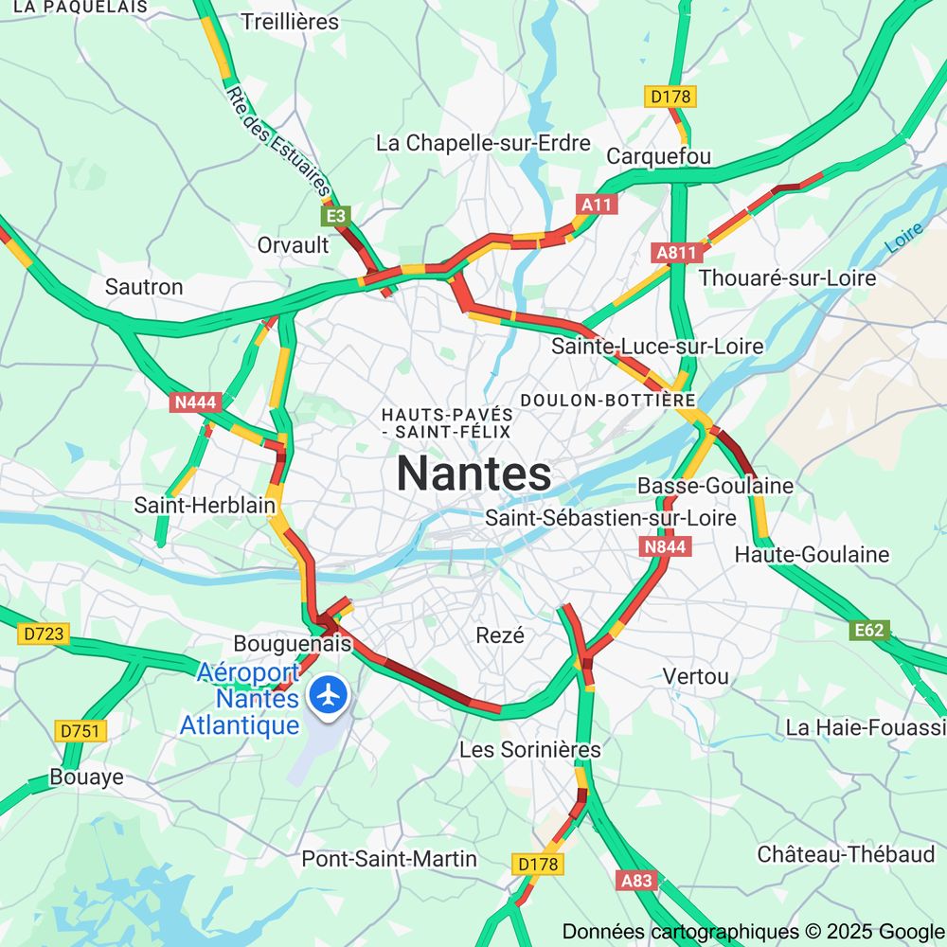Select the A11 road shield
[x=598, y=205]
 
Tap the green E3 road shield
[x=337, y=217]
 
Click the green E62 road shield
[x=869, y=631]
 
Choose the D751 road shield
[x=81, y=731]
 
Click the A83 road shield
[x=636, y=881]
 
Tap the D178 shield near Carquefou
[x=671, y=96]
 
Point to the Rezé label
[x=500, y=635]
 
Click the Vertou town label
[x=696, y=676]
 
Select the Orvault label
[x=294, y=245]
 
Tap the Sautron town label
[x=144, y=286]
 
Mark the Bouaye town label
[x=87, y=777]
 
